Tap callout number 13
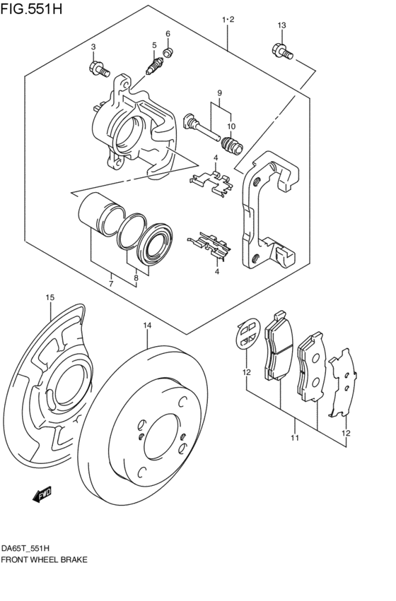click(281, 26)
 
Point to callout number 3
click(93, 47)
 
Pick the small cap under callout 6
click(168, 52)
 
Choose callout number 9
click(220, 93)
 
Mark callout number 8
click(136, 279)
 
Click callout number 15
click(49, 297)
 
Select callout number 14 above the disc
click(147, 326)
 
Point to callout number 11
click(294, 438)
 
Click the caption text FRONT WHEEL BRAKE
click(44, 559)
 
